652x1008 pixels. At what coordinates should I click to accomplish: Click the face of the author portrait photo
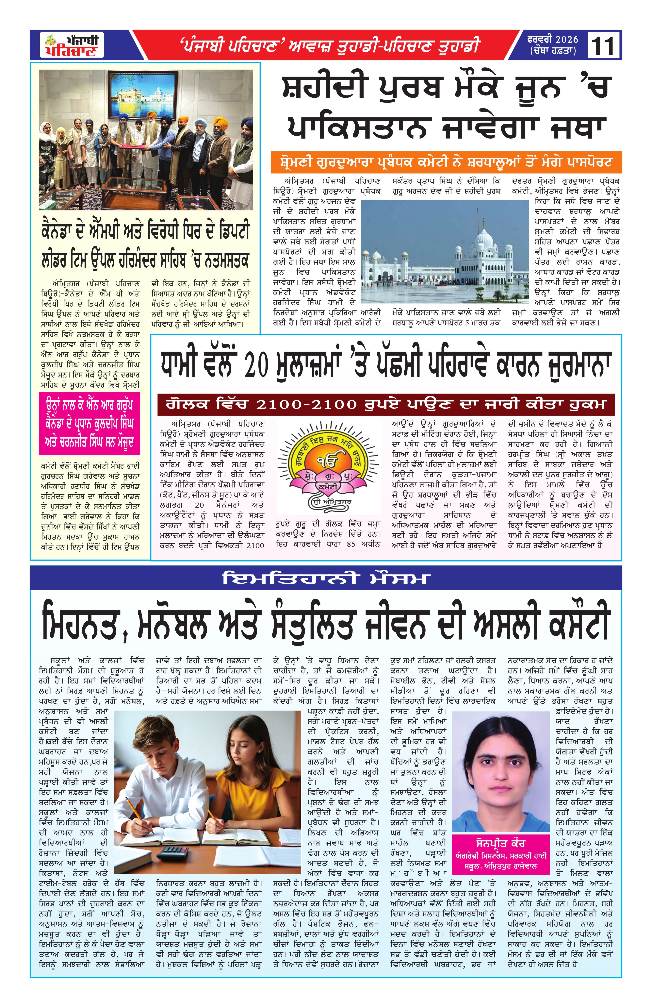pyautogui.click(x=500, y=775)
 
